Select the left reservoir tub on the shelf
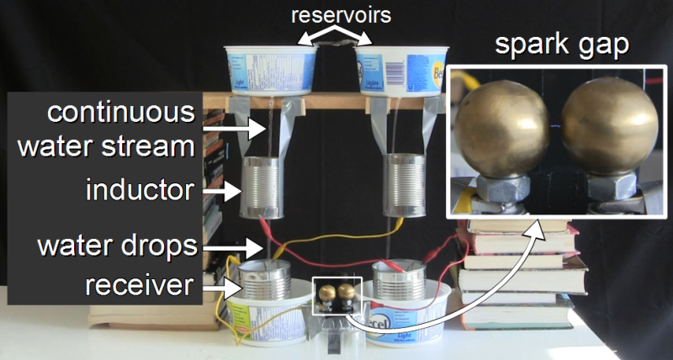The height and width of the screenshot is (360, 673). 267,67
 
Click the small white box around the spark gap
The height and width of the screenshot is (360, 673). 336,296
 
